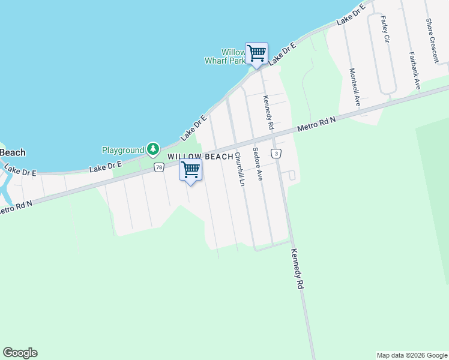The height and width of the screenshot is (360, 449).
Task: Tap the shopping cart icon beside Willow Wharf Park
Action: pyautogui.click(x=256, y=53)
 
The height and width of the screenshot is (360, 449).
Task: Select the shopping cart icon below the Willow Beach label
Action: pyautogui.click(x=191, y=170)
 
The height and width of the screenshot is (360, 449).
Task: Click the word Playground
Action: pyautogui.click(x=123, y=150)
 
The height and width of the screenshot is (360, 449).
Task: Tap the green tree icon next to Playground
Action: pyautogui.click(x=153, y=149)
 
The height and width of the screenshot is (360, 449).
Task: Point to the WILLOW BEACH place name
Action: pyautogui.click(x=200, y=157)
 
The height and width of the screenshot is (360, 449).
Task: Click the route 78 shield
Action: pyautogui.click(x=158, y=167)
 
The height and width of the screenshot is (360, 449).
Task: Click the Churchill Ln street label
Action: pyautogui.click(x=240, y=169)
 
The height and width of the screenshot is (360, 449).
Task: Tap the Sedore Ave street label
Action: pyautogui.click(x=258, y=164)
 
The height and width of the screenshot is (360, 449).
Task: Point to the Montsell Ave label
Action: pyautogui.click(x=354, y=87)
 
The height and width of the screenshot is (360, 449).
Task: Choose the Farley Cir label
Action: pyautogui.click(x=384, y=29)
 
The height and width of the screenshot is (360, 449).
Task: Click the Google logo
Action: pyautogui.click(x=20, y=353)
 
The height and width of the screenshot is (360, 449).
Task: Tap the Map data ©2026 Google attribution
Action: pyautogui.click(x=412, y=355)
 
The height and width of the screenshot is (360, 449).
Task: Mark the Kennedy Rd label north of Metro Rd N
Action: pyautogui.click(x=268, y=112)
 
